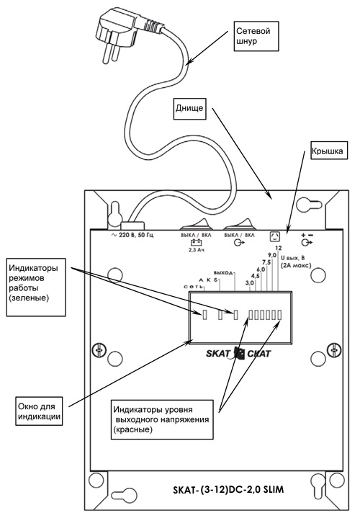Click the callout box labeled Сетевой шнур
(256, 36)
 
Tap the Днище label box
(189, 108)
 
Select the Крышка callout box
(328, 151)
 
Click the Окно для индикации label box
(40, 411)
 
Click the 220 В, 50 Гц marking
(132, 235)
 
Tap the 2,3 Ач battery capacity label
(196, 250)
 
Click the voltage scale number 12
(278, 248)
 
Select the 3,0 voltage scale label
(250, 283)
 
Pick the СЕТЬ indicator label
(193, 286)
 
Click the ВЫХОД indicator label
(223, 273)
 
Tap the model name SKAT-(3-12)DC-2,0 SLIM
(228, 489)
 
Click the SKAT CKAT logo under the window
(238, 353)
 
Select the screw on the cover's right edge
(333, 349)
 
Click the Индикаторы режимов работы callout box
(36, 287)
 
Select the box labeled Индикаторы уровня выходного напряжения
(162, 419)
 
